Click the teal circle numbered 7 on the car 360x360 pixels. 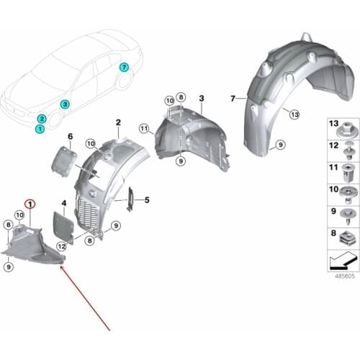tap(124, 68)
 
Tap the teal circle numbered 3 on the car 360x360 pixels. tap(65, 104)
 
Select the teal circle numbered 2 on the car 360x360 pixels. tap(42, 118)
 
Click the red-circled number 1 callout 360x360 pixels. tap(30, 204)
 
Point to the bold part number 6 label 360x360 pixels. tap(70, 137)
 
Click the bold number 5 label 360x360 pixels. tap(147, 200)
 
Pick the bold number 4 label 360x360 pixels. tap(63, 204)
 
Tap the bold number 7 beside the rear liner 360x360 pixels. tap(233, 99)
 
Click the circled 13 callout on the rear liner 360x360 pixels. tap(294, 114)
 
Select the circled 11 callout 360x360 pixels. tap(144, 129)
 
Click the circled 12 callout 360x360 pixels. tap(62, 246)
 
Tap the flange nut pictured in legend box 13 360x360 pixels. tap(345, 130)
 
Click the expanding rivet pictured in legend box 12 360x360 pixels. tap(348, 151)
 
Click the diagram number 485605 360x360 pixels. tap(345, 276)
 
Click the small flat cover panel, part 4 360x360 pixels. tap(63, 227)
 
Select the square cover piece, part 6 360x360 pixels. tap(64, 161)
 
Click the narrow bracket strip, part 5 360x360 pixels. tap(130, 199)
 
